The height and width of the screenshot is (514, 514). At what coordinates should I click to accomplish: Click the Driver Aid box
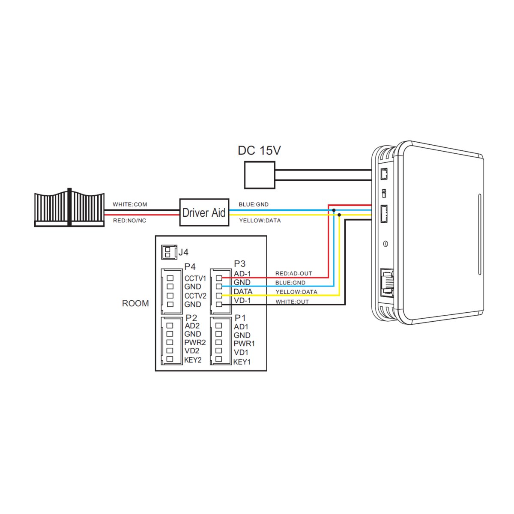[x=204, y=212]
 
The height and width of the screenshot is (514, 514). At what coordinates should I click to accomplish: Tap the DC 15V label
[x=259, y=150]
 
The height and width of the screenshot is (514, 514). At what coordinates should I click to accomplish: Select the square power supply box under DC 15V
[x=260, y=175]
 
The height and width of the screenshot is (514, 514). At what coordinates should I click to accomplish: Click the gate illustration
[x=69, y=207]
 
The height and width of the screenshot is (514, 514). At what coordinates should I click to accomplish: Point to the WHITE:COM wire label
[x=130, y=204]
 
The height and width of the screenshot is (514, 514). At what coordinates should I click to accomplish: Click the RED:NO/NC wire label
[x=130, y=221]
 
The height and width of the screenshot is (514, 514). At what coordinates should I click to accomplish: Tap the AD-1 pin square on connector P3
[x=219, y=278]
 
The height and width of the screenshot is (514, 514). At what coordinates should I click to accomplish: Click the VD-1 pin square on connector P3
[x=219, y=304]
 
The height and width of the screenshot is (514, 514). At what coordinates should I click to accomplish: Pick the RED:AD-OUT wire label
[x=294, y=273]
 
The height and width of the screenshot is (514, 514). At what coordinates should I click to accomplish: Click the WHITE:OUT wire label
[x=292, y=302]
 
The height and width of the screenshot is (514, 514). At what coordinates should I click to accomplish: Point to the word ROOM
[x=135, y=303]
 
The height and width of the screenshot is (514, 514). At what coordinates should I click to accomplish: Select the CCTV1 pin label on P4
[x=195, y=278]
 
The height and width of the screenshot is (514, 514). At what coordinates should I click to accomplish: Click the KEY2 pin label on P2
[x=193, y=360]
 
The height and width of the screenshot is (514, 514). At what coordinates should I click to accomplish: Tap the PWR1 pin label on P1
[x=244, y=344]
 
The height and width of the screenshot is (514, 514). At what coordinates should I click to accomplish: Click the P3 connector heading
[x=239, y=264]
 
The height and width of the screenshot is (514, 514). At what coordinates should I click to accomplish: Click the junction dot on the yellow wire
[x=339, y=215]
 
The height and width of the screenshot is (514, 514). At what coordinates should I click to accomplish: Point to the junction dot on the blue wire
[x=334, y=210]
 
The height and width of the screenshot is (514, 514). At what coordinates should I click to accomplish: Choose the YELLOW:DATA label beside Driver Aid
[x=260, y=221]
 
